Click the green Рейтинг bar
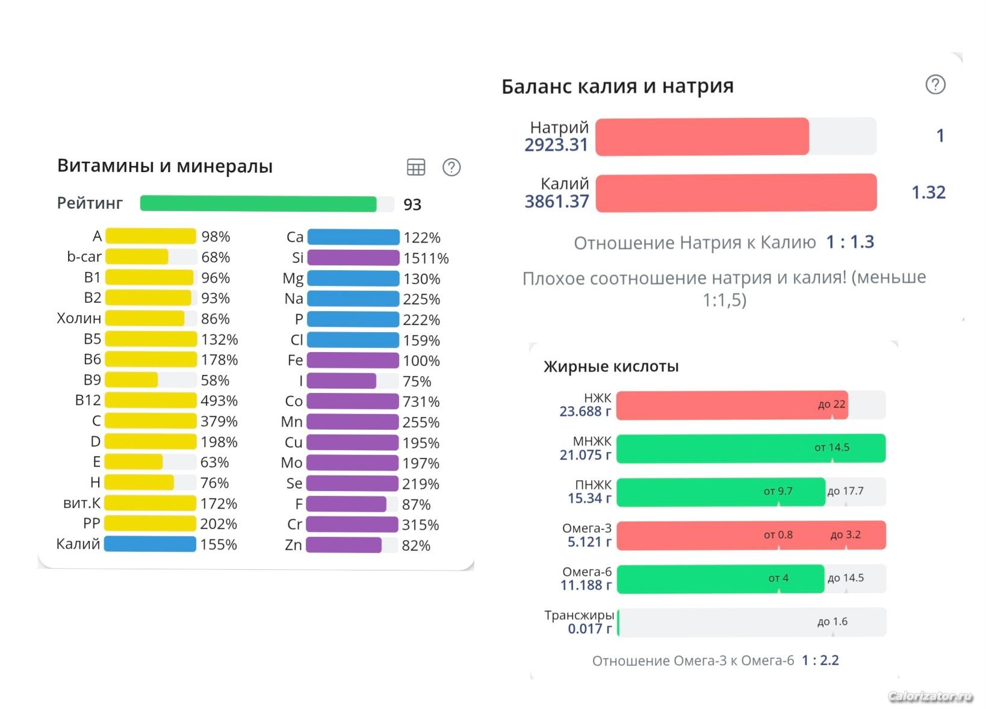coord(258,204)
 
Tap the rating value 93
coord(412,205)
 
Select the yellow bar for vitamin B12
coord(150,400)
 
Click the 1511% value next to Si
coord(426,258)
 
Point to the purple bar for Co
coord(353,401)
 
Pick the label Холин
coord(79,318)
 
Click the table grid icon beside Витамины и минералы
coord(416,167)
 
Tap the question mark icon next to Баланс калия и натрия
coord(935,85)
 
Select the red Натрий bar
coord(702,137)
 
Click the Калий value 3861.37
coord(557,202)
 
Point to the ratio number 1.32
coord(928,193)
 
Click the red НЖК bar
coord(732,405)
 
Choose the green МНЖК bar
coord(751,448)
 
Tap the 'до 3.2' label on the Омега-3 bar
coord(845,535)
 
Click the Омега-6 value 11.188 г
coord(586,585)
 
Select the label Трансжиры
coord(579,615)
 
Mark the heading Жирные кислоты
coord(611,367)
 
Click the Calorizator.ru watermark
coord(930,696)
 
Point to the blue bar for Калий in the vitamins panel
coord(150,544)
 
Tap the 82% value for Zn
coord(416,546)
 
